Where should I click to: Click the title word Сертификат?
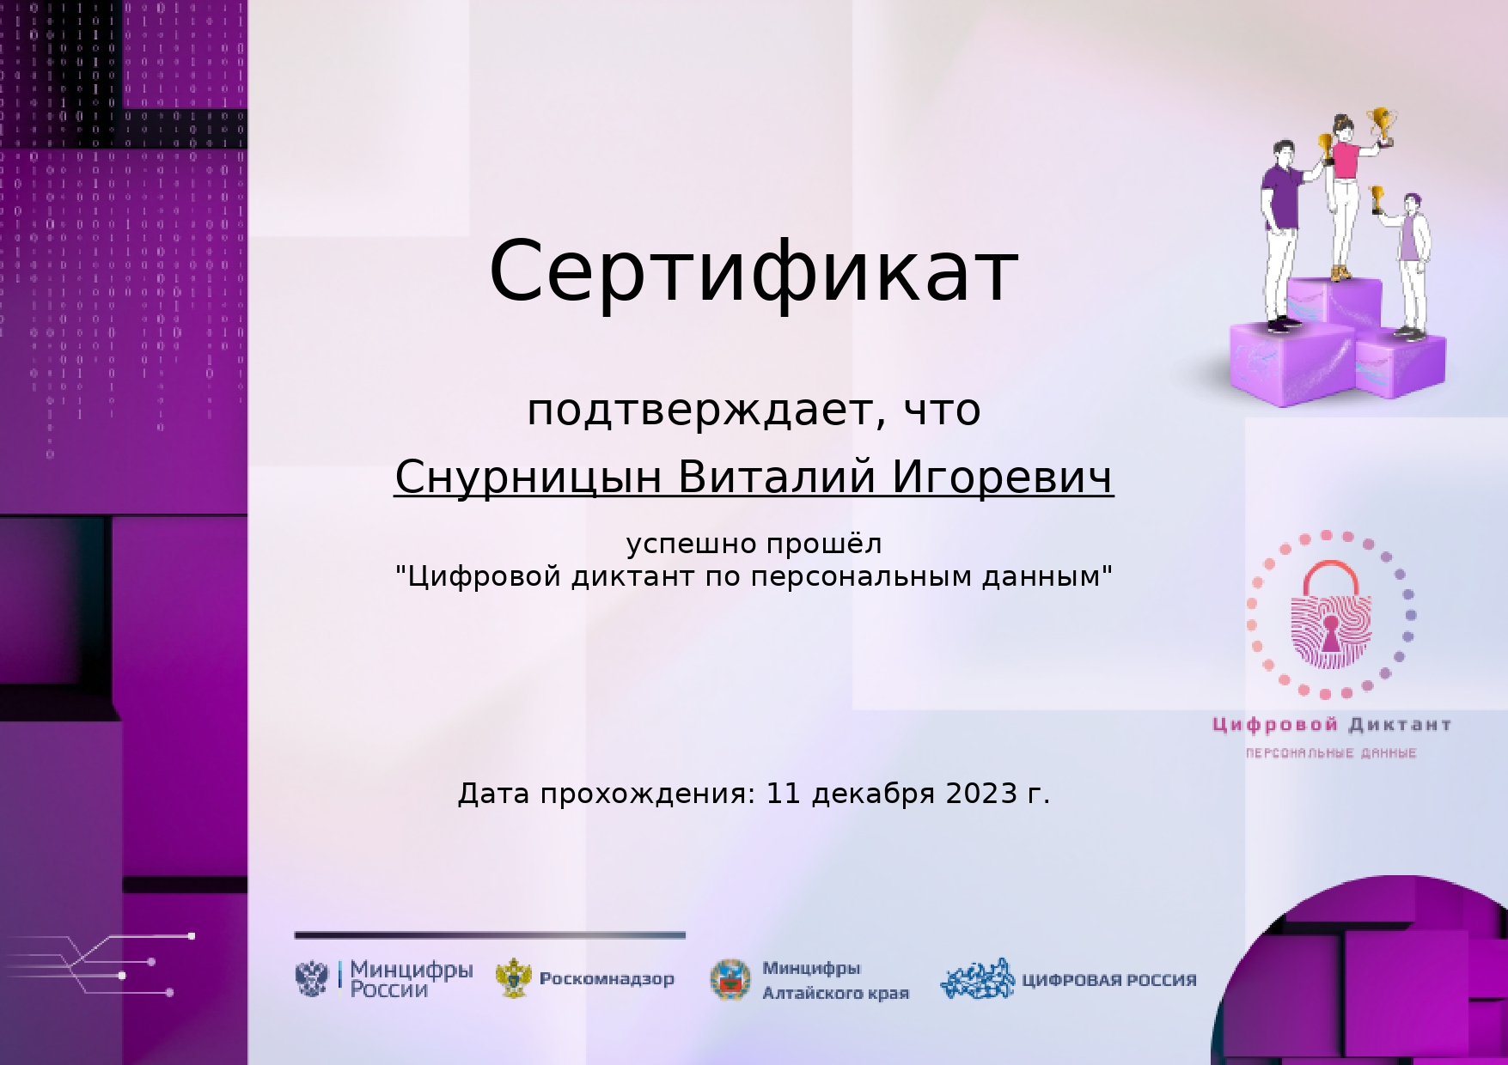754,271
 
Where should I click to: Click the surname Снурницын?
528,478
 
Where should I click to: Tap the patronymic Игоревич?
1003,478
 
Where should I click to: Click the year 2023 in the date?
982,793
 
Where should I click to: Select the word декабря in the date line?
873,794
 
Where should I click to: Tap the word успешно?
692,545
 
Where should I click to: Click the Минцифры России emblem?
312,978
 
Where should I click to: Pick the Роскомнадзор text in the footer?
607,979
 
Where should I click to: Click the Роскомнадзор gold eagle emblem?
514,978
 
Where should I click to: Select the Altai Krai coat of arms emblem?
730,980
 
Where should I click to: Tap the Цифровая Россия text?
1108,980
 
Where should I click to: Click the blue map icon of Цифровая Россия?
978,979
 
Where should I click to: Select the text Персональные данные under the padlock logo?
1331,753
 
